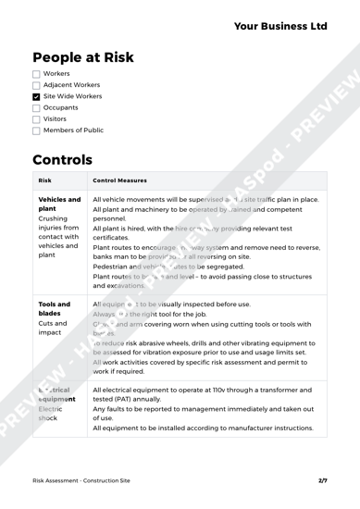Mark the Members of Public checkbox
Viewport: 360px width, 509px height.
(36, 157)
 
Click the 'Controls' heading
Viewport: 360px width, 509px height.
(73, 188)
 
